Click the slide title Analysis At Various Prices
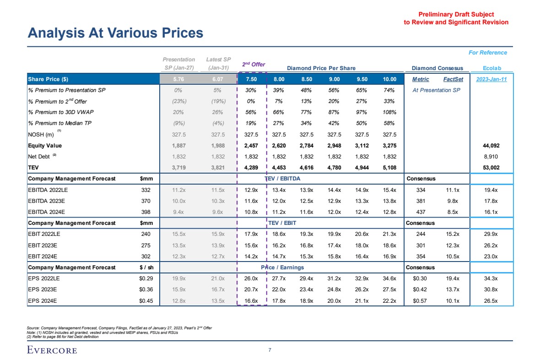[115, 33]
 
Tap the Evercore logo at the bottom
[52, 350]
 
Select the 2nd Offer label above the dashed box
[254, 65]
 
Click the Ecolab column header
[492, 68]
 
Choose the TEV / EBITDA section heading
[284, 178]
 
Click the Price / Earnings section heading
[282, 267]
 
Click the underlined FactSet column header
[453, 79]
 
